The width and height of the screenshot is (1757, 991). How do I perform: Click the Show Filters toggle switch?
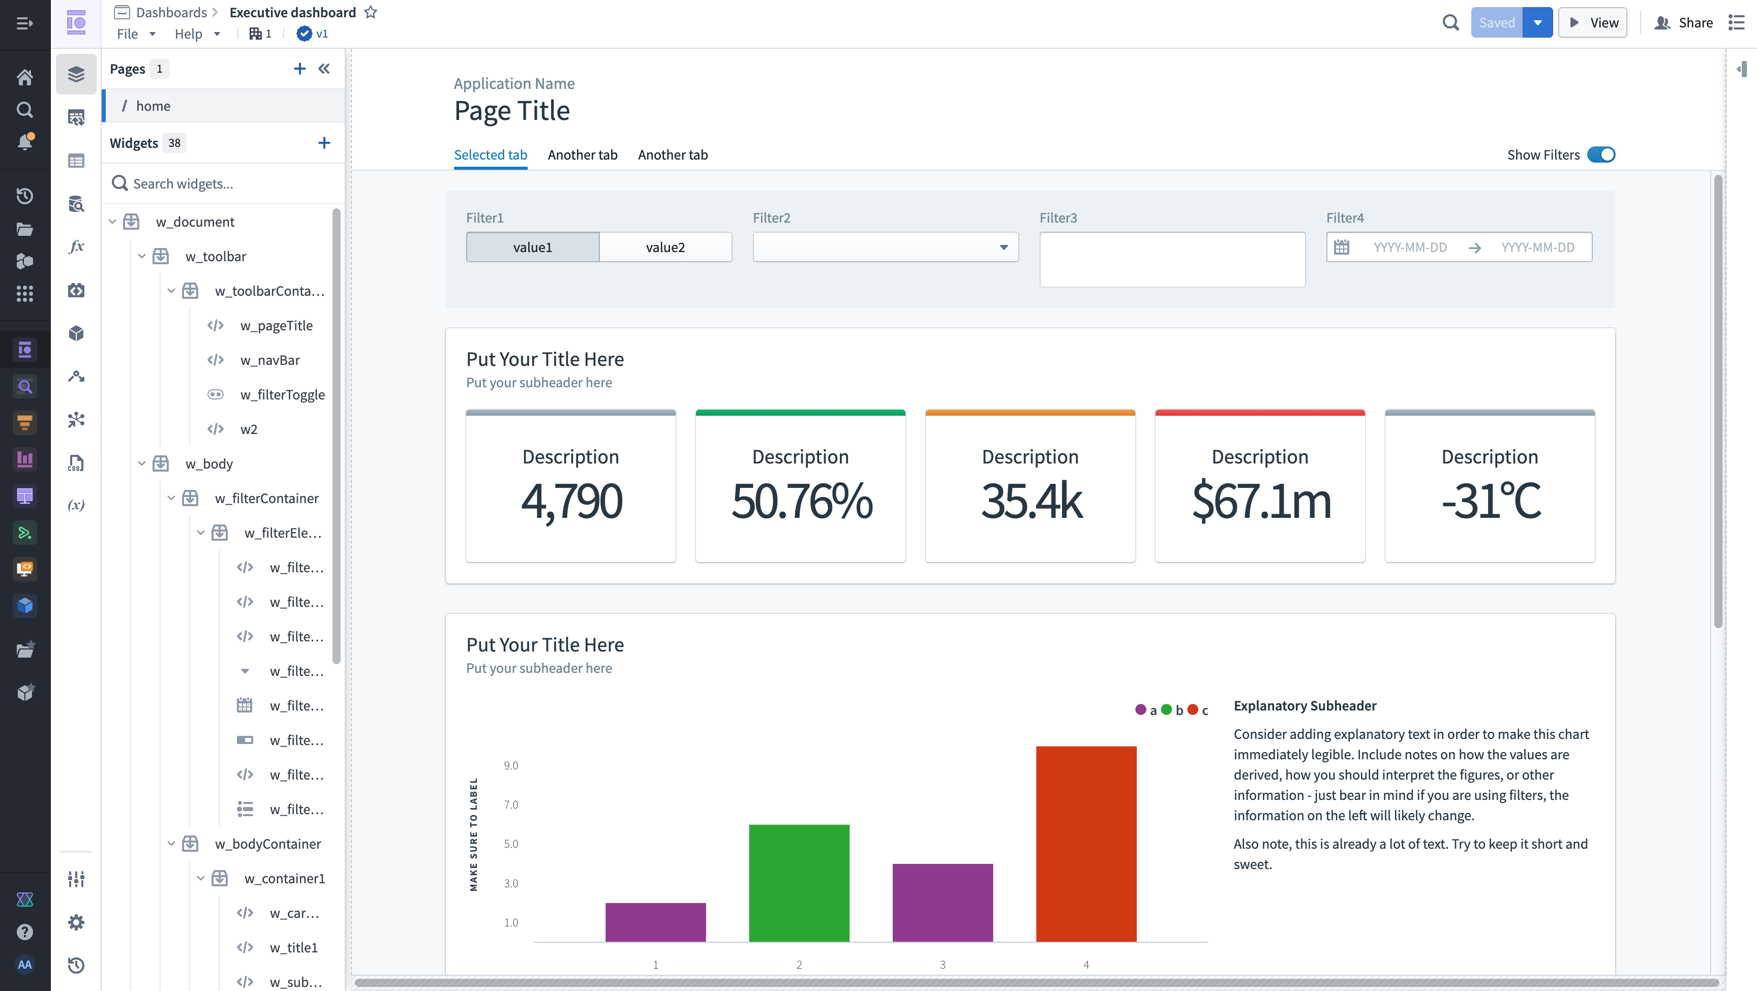1601,155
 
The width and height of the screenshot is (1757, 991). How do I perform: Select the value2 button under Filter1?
665,247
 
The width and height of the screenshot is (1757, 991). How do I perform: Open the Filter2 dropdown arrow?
1004,247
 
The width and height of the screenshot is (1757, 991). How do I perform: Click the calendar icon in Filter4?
1341,247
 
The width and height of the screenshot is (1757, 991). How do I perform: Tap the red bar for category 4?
1086,844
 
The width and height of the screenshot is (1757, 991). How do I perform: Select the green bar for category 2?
799,883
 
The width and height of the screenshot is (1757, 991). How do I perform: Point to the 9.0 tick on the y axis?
511,765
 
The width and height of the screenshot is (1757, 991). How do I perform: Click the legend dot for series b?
1166,709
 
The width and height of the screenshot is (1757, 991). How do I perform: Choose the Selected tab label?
491,155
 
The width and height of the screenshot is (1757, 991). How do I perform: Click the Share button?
1683,22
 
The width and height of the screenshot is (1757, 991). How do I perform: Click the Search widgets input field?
225,183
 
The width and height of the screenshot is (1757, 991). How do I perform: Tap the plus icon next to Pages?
299,68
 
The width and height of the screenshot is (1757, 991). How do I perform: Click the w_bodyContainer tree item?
267,844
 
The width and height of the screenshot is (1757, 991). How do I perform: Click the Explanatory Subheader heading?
1305,705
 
